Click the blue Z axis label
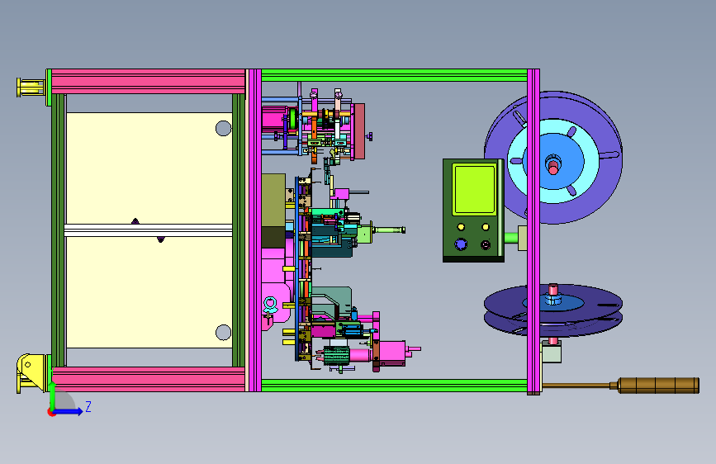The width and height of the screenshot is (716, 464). click(88, 406)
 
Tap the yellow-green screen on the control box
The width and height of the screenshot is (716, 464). click(474, 190)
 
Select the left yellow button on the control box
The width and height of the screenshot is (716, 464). click(461, 227)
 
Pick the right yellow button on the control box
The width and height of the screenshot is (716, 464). click(486, 227)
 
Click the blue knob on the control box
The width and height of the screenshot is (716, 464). click(461, 244)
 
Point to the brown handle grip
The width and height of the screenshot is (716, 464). click(658, 385)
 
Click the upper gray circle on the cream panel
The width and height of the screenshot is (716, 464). click(223, 128)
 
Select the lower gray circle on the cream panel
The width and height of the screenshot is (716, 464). click(223, 332)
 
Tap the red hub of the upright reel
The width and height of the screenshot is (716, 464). click(553, 165)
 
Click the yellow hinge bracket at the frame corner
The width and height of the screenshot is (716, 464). click(31, 372)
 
